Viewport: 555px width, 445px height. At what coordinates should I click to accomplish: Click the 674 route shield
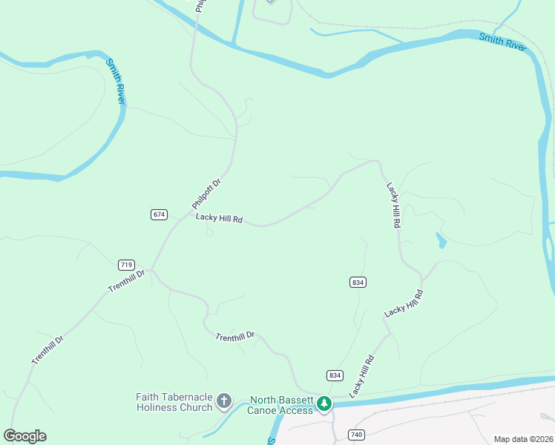coord(159,214)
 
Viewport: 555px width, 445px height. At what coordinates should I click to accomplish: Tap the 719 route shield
coord(125,265)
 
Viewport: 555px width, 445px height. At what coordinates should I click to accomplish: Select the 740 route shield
coord(357,435)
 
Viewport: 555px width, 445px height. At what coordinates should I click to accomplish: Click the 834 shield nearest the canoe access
coord(335,375)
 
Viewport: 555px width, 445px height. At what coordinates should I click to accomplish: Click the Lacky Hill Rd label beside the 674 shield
coord(219,219)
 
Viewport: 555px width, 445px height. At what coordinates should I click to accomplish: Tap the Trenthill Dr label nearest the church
coord(235,337)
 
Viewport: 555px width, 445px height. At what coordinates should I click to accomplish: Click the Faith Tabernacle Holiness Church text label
coord(174,402)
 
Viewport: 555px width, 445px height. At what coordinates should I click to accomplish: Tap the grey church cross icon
coord(224,403)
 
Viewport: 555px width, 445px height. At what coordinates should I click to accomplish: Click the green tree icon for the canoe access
coord(324,404)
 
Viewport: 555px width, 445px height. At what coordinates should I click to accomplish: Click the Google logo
coord(24,436)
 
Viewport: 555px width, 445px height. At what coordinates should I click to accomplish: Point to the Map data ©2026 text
coord(523,439)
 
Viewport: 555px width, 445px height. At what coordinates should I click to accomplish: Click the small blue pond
coord(442,240)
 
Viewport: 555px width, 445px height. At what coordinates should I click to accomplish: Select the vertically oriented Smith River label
coord(114,81)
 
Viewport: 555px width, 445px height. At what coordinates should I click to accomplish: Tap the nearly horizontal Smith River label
coord(502,42)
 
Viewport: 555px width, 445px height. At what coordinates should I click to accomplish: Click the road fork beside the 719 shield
coord(151,268)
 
